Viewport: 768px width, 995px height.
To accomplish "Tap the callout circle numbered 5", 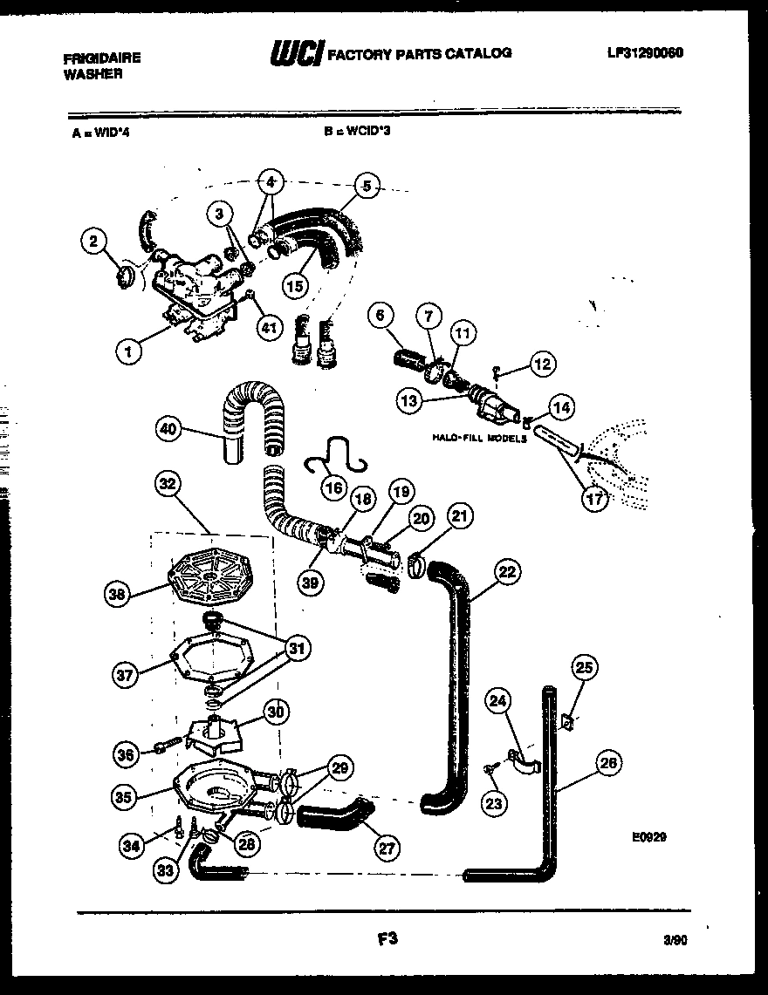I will click(367, 186).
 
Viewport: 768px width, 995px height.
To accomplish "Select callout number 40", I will click(170, 428).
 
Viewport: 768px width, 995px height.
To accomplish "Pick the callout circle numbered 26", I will click(608, 764).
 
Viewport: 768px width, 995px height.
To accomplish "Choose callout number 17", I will click(595, 501).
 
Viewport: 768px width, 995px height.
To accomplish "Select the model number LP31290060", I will click(645, 52).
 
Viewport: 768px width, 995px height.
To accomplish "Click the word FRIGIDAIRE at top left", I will click(102, 59).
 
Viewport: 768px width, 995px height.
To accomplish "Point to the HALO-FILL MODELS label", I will click(479, 440).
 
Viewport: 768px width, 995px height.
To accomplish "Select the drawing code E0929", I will click(649, 835).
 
